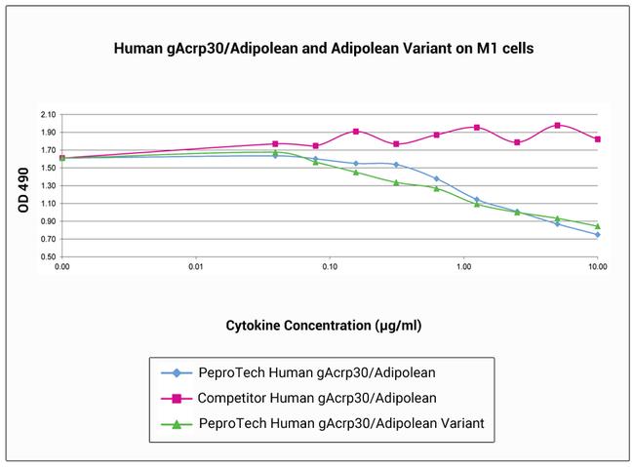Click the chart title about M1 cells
point(316,48)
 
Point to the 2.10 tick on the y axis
point(48,114)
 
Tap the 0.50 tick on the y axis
point(48,256)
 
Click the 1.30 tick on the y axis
point(48,185)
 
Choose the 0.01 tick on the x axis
point(196,266)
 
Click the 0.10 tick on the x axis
point(330,266)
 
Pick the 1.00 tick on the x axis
point(463,266)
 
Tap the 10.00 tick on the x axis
point(597,266)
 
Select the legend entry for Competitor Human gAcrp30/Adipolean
point(316,398)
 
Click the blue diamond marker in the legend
point(177,372)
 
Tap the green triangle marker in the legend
point(177,424)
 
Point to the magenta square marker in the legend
point(177,398)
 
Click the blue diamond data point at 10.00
point(597,235)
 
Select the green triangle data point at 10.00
point(597,226)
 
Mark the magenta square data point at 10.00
point(597,139)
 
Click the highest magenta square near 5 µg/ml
point(557,125)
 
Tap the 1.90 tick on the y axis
point(48,132)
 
